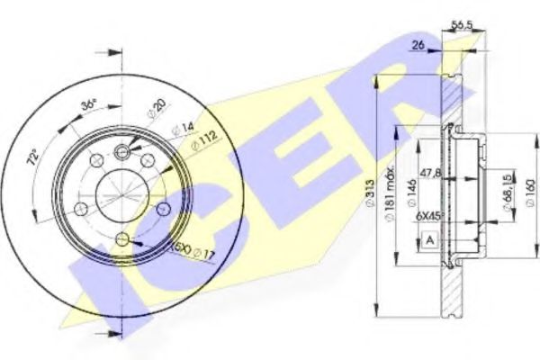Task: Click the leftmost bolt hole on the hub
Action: pyautogui.click(x=80, y=209)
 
